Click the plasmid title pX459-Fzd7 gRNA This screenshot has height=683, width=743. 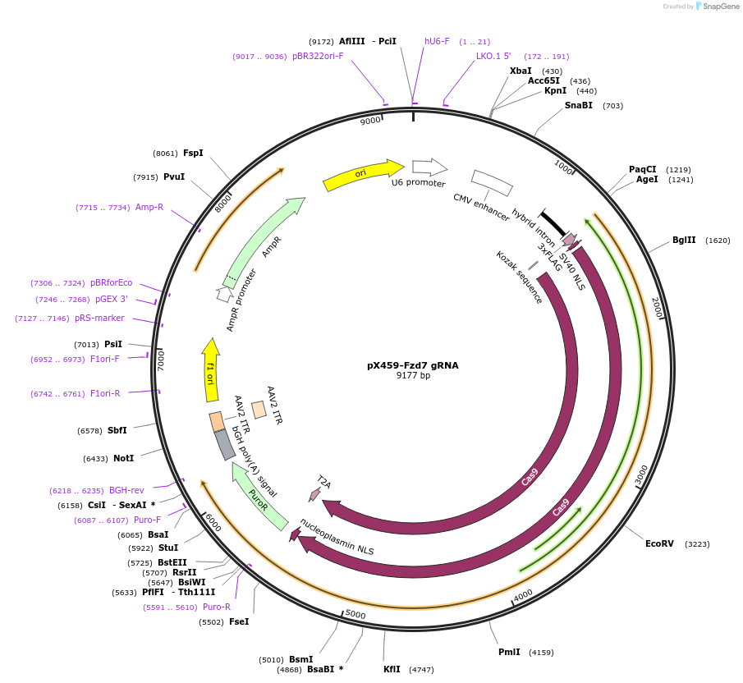tap(412, 365)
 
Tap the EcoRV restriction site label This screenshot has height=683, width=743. tap(659, 543)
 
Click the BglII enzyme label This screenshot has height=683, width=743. tap(683, 241)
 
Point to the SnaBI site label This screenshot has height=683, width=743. tap(578, 106)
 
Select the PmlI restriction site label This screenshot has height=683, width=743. tap(509, 653)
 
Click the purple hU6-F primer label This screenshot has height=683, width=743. tap(437, 41)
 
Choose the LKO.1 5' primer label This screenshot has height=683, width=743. tap(493, 57)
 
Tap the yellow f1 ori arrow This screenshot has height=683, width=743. tap(210, 374)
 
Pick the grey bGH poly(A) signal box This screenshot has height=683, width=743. tap(225, 444)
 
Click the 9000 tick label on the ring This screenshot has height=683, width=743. tap(371, 121)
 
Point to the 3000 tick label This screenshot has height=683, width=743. tap(642, 474)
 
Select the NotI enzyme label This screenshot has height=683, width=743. tap(123, 458)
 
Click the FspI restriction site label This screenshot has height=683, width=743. tap(193, 153)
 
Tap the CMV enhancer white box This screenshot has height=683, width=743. tap(492, 183)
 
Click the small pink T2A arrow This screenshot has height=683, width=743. tap(314, 493)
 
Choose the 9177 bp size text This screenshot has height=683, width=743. tap(412, 376)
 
